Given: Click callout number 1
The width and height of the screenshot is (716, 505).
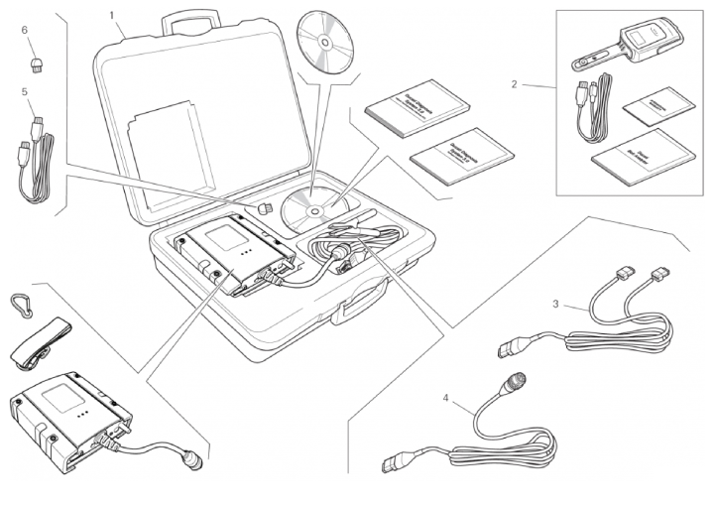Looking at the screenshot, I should click(112, 15).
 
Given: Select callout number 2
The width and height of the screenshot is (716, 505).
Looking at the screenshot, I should click(514, 84).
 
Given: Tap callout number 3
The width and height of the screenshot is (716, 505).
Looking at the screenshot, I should click(556, 305).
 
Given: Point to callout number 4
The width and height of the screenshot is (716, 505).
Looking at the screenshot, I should click(445, 399).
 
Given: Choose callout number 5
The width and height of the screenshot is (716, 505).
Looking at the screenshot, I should click(24, 90).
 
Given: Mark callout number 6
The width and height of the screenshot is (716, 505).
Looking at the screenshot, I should click(24, 30).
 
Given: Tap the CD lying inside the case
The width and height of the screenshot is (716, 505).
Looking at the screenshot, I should click(308, 209).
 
